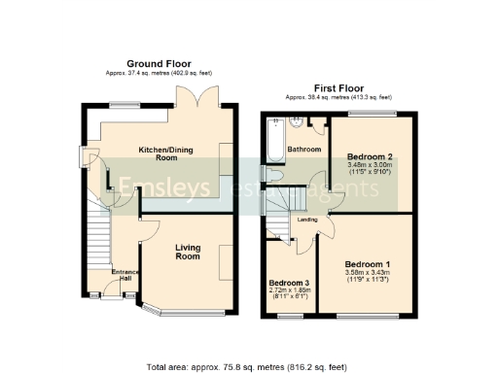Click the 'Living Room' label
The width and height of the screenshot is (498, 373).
coord(188,253)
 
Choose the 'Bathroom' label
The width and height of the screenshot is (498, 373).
coord(303,150)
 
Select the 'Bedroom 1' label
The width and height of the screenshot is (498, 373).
coord(368,264)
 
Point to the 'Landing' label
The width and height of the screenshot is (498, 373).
coord(308,220)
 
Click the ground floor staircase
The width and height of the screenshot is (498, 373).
coord(97,238)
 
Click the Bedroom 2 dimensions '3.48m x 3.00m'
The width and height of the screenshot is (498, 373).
coord(368,166)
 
